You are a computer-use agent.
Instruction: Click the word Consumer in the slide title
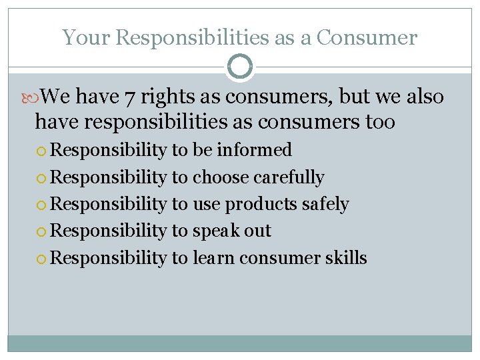367,38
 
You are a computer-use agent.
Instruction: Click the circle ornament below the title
240,67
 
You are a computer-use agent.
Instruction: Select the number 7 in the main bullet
131,97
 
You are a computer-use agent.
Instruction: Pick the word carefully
289,177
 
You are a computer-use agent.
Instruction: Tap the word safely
325,204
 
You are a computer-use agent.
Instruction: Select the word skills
346,257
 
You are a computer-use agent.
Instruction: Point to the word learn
214,257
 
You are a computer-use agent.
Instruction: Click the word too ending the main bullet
380,123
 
